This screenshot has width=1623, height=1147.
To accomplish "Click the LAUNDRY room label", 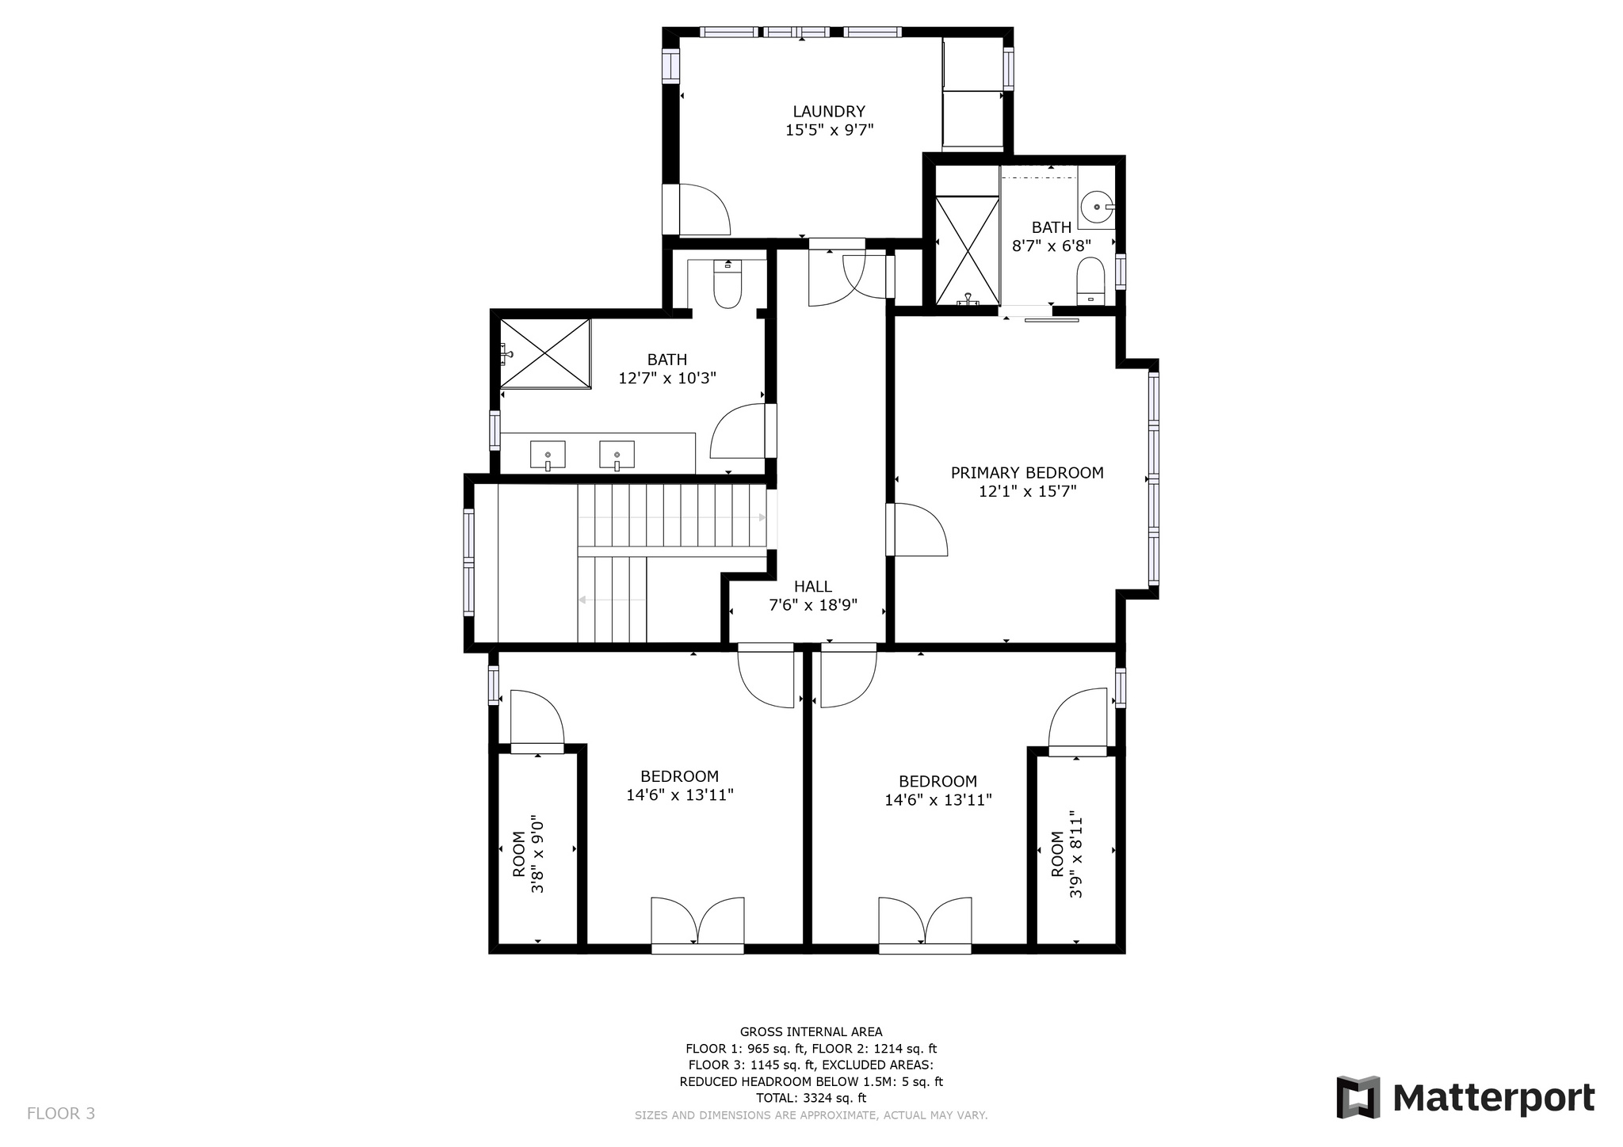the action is point(829,112).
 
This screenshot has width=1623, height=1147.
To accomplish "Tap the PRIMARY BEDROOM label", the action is point(1027,473).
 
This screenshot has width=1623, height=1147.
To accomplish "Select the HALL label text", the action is point(813,586).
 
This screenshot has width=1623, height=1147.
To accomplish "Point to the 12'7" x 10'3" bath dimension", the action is point(667,379).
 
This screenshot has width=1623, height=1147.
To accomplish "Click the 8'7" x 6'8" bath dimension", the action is point(1052,246).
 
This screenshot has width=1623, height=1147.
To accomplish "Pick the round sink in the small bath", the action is point(1098,206).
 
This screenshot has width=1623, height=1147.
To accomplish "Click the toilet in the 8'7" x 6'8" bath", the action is point(1091,281).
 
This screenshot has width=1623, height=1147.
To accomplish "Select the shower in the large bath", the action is point(545,354).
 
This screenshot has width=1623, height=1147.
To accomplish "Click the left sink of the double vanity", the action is point(548,455).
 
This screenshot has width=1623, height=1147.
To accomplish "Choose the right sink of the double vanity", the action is point(617,455).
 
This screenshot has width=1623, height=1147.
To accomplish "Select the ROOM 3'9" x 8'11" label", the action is point(1067,854).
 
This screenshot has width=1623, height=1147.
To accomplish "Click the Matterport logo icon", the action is point(1358,1097).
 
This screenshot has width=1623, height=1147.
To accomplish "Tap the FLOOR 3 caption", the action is point(61,1114).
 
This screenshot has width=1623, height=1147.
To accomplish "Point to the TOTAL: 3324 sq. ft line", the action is point(811,1098).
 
